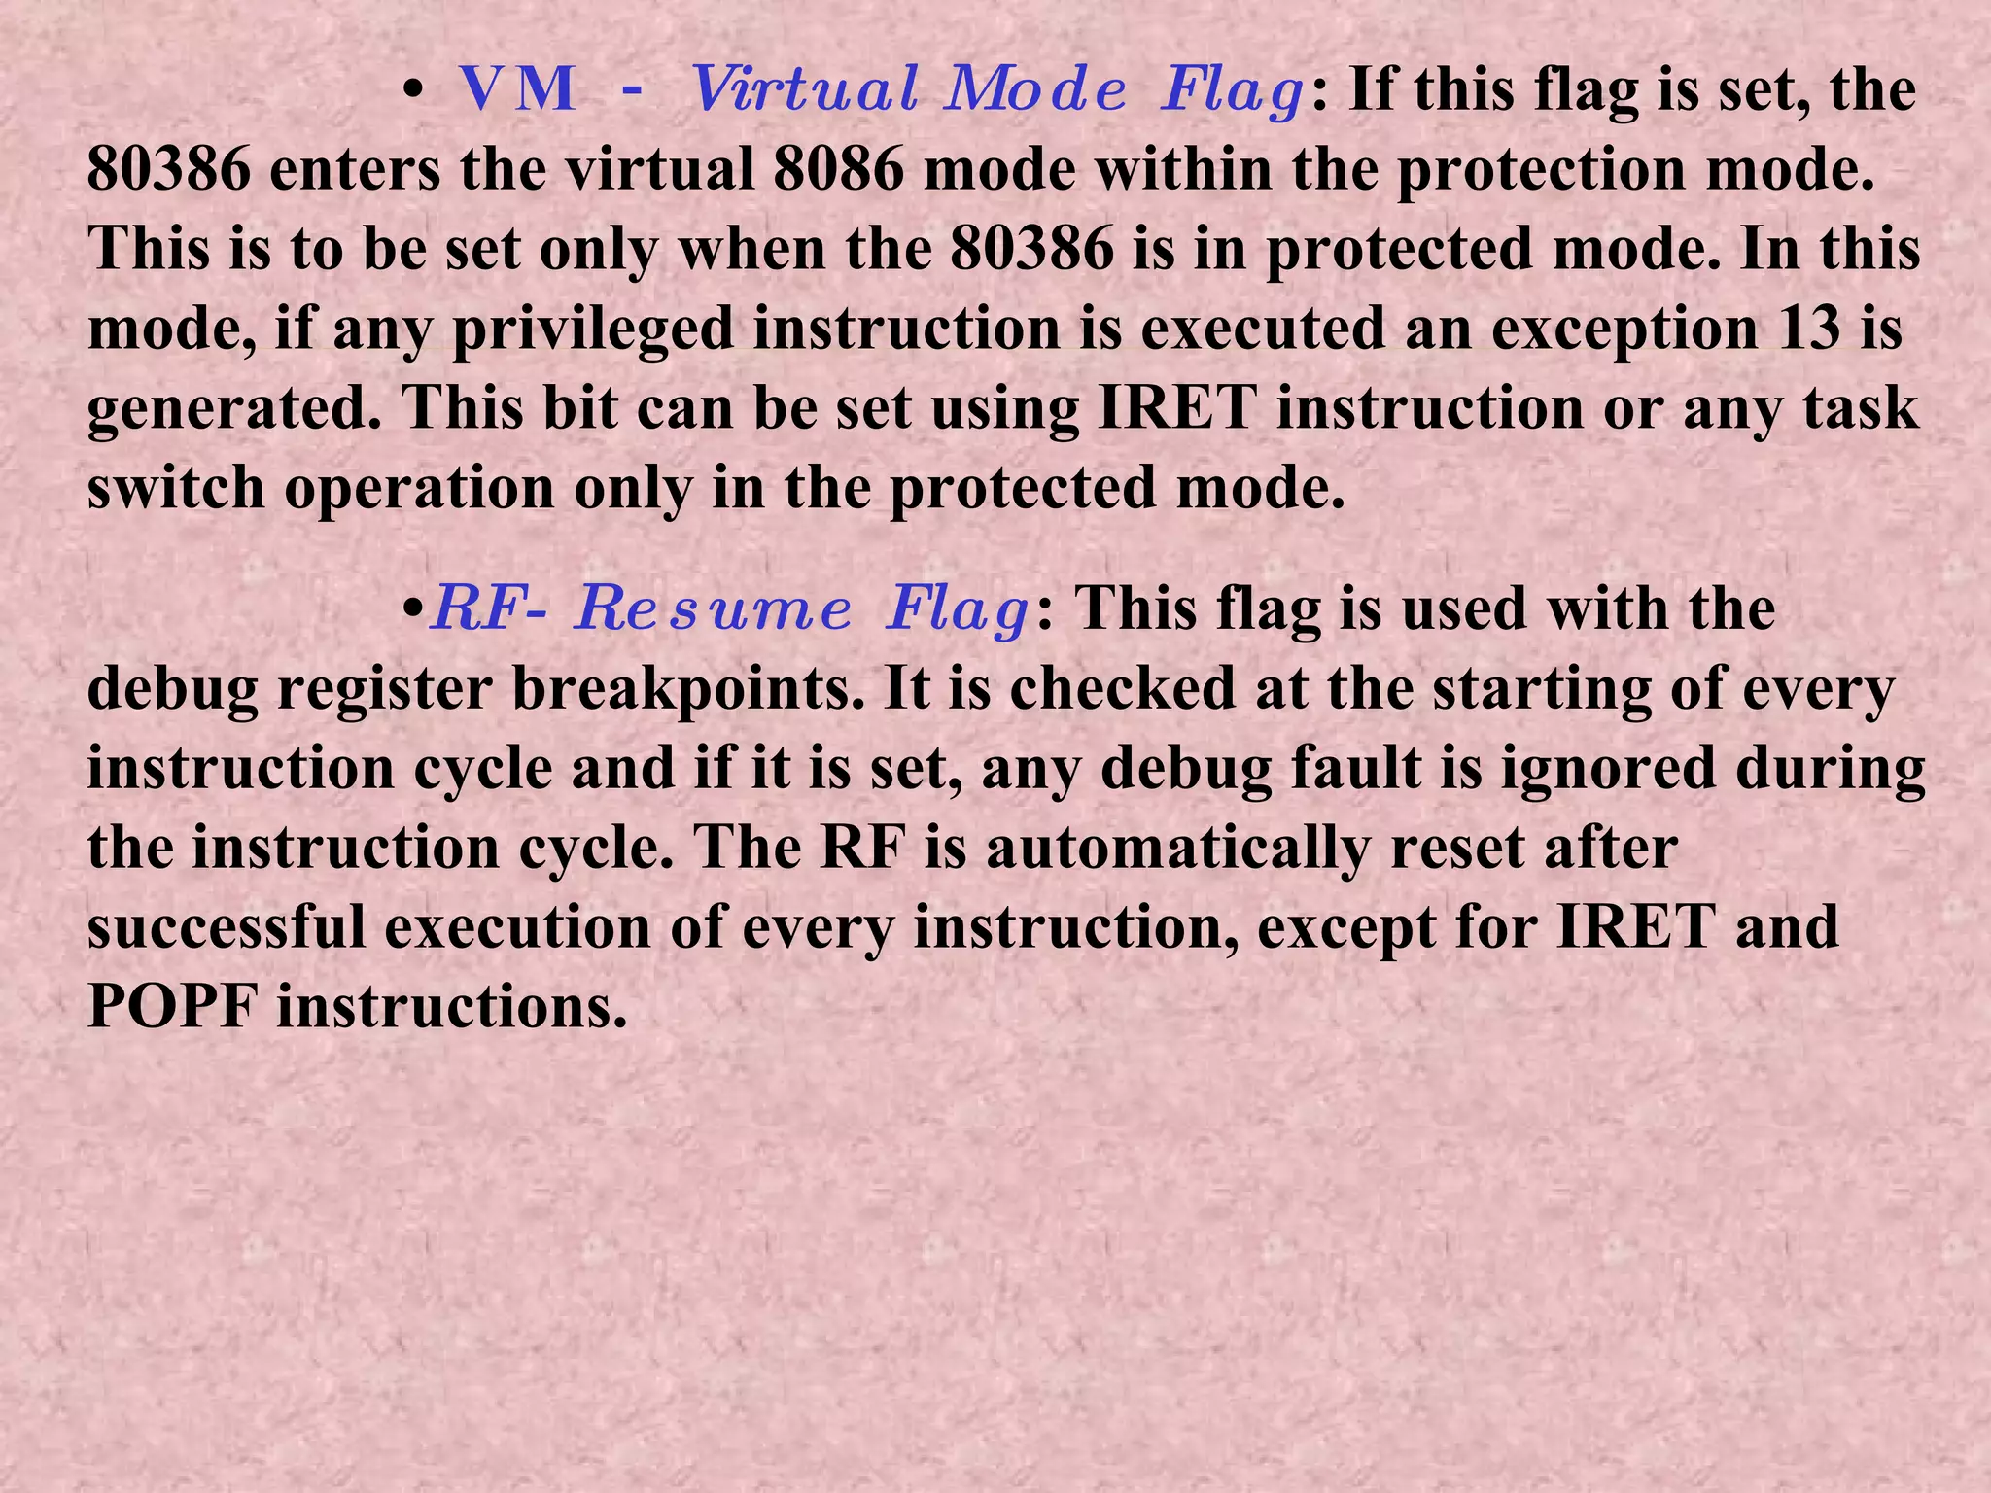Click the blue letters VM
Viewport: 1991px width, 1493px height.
click(x=517, y=90)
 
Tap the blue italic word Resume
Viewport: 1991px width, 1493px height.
click(x=713, y=610)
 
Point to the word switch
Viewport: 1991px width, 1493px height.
click(x=175, y=488)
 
